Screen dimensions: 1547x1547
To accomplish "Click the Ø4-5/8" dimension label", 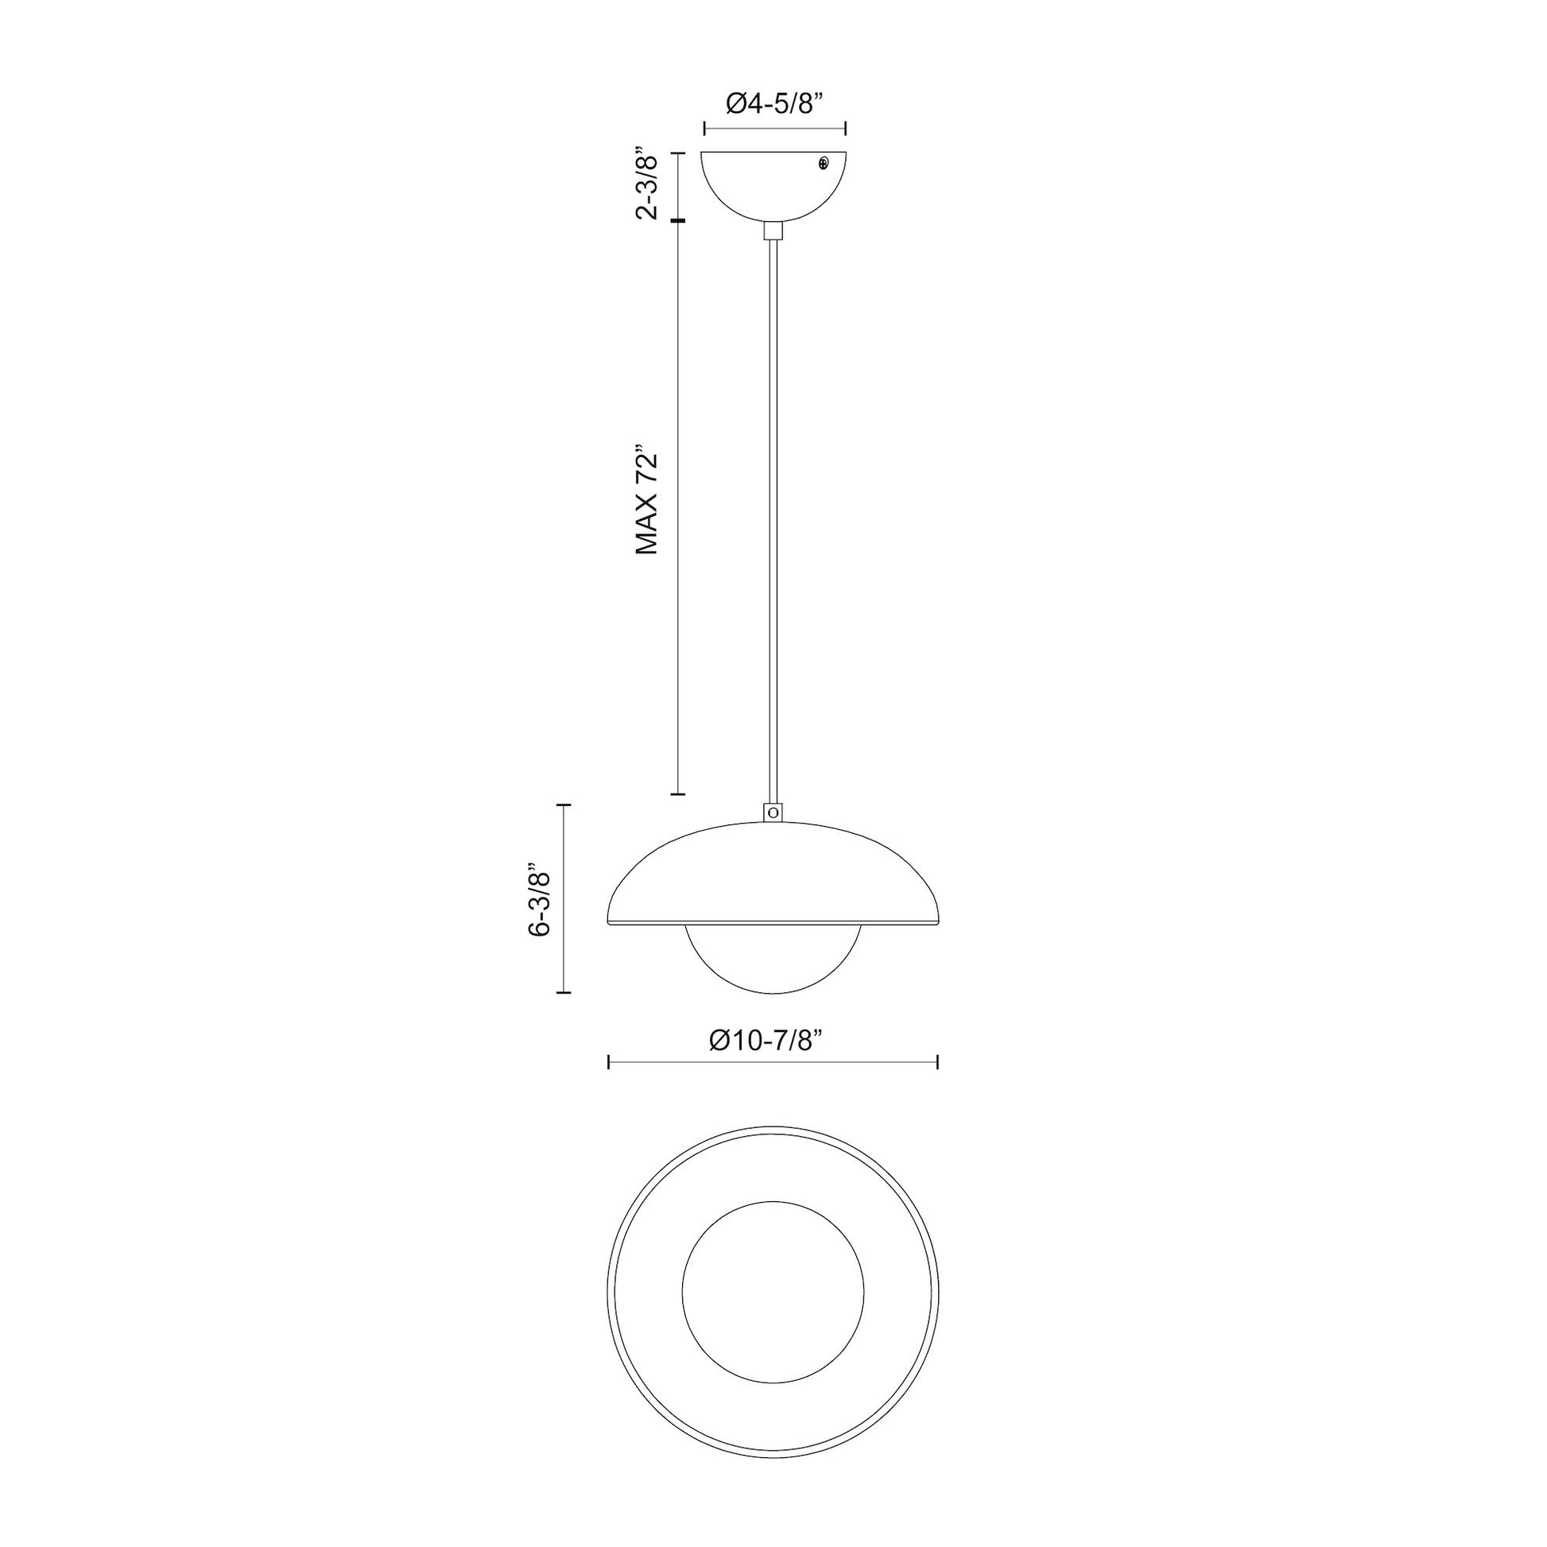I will click(x=774, y=103).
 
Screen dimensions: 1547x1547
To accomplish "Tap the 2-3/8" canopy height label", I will click(x=647, y=183).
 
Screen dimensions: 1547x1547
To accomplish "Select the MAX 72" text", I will click(x=647, y=499).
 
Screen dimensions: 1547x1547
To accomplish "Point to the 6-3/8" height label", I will click(x=540, y=899).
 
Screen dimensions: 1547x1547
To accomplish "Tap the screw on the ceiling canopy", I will click(x=824, y=163).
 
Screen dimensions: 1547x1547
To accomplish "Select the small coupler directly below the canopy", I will click(x=773, y=231).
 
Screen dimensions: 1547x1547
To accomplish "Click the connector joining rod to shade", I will click(x=773, y=812).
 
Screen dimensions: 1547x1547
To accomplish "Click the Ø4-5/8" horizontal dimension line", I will click(x=774, y=127).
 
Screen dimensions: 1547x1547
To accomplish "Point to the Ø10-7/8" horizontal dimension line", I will click(x=773, y=1063).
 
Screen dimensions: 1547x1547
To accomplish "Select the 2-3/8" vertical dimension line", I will click(x=678, y=186).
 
